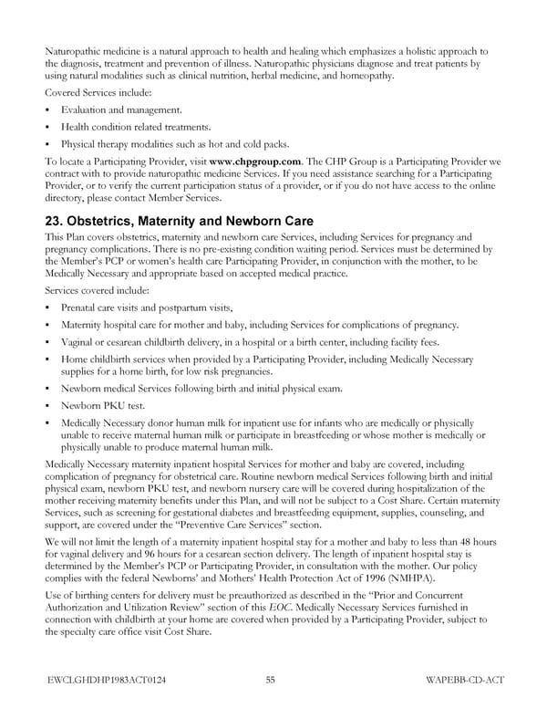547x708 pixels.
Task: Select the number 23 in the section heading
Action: [x=56, y=222]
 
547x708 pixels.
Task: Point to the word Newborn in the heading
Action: [x=260, y=222]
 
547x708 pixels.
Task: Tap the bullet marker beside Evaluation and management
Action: [x=48, y=110]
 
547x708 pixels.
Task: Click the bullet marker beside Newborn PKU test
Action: [x=48, y=405]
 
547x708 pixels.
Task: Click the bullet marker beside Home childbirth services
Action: [x=48, y=360]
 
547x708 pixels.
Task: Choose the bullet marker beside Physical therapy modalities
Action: [x=48, y=144]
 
